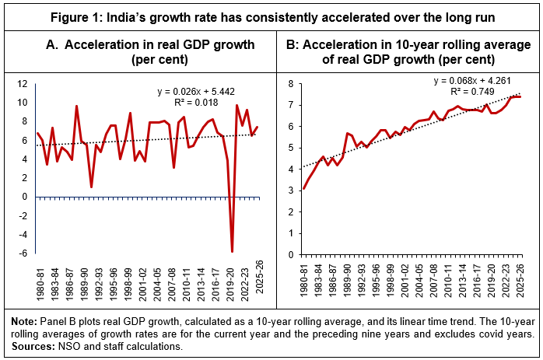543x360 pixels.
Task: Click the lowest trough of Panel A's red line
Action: tap(233, 251)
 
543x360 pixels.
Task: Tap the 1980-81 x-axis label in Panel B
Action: tap(303, 278)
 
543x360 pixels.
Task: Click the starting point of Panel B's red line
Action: tap(303, 188)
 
